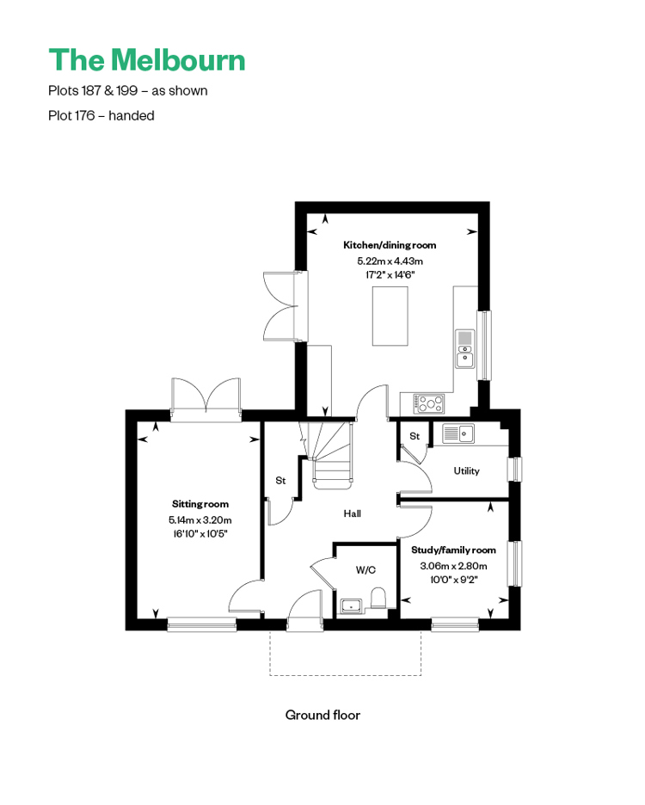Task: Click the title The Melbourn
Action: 147,59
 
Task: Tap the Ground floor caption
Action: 322,715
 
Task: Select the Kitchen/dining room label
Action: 390,245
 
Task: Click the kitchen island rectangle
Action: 390,316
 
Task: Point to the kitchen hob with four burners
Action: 429,403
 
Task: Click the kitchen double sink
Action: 464,348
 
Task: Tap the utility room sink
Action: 458,433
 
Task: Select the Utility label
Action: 466,470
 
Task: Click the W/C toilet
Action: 378,598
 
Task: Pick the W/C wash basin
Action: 352,606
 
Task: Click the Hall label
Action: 353,513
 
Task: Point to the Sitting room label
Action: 200,504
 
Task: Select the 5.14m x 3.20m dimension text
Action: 200,520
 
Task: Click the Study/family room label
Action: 453,550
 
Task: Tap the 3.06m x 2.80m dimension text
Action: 453,566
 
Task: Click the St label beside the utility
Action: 415,436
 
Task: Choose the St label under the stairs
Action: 280,481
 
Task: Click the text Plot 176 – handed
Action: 101,115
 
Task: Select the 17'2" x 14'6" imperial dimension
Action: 390,274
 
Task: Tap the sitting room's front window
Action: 202,624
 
